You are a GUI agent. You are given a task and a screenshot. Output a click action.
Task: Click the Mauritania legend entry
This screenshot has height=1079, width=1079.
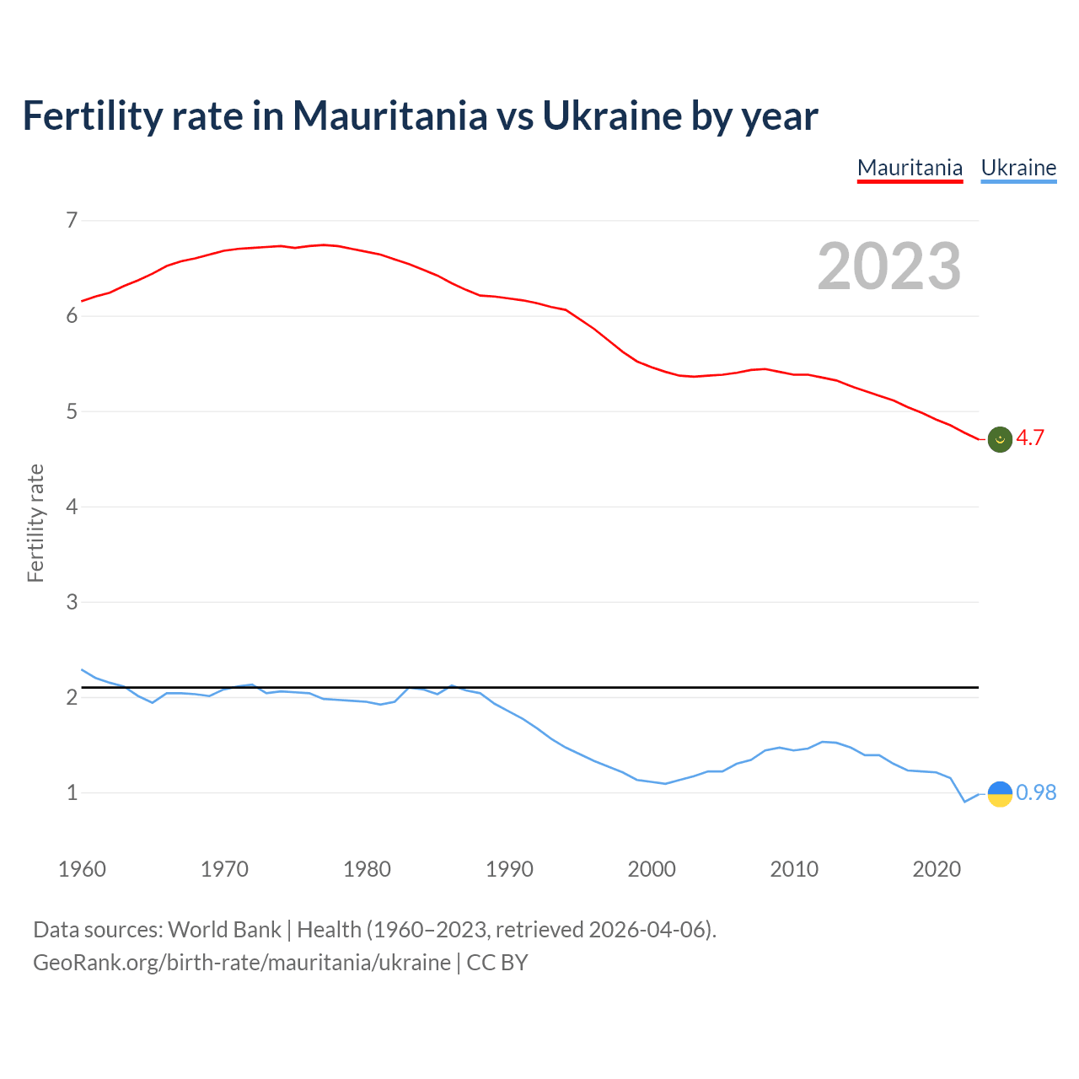pos(910,168)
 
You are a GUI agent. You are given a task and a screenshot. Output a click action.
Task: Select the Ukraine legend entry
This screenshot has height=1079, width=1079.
pos(1018,168)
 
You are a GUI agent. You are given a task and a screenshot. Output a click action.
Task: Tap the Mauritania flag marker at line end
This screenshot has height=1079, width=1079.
pos(1000,439)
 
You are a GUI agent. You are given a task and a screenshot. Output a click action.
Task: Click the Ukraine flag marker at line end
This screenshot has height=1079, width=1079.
pos(1000,793)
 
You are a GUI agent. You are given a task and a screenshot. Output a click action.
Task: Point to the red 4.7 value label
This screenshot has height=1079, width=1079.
pos(1030,438)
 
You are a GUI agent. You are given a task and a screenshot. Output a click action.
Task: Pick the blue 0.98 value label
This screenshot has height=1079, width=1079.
pos(1036,792)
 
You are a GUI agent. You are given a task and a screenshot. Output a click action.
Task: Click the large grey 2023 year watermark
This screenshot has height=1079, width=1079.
pos(889,266)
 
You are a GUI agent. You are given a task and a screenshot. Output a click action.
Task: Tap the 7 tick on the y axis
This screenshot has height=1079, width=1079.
pos(72,221)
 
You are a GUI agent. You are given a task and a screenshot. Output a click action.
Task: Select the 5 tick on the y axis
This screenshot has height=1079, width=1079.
pos(72,411)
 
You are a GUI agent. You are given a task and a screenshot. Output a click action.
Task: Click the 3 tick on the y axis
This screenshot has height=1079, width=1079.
pos(72,602)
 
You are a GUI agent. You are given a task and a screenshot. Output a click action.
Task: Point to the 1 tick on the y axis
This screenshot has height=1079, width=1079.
pos(72,792)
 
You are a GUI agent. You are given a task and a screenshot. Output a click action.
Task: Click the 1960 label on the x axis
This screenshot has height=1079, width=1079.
pos(82,869)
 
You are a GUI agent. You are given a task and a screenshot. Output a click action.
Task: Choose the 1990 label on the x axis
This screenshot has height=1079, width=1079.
pos(509,869)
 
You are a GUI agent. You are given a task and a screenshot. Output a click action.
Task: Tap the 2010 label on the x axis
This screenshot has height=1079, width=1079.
pos(794,869)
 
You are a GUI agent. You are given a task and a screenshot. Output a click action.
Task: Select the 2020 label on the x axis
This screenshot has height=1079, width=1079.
pos(937,869)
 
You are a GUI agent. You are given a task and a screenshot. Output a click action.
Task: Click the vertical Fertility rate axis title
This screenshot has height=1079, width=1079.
pos(35,523)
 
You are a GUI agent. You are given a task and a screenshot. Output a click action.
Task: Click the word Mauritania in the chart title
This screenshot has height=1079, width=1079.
pos(389,115)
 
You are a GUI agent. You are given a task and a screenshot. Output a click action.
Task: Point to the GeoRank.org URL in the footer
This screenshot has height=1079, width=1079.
pos(242,963)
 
